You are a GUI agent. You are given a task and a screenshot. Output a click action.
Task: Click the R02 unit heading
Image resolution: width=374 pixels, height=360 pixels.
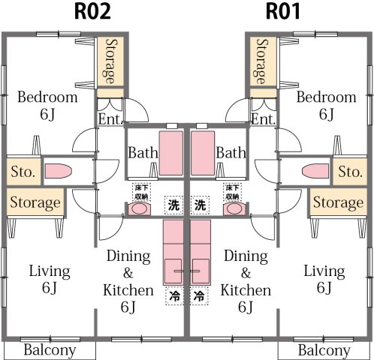pyautogui.click(x=94, y=12)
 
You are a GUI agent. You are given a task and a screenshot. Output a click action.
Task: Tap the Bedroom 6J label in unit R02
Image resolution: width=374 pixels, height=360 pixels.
pyautogui.click(x=47, y=105)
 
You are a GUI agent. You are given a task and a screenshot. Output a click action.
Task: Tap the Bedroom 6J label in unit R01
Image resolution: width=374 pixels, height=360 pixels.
pyautogui.click(x=326, y=105)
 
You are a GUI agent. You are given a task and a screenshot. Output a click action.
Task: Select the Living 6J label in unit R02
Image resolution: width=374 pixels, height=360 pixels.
pyautogui.click(x=50, y=278)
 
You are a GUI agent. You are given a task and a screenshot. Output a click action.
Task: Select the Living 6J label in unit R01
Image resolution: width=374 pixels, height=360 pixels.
pyautogui.click(x=324, y=278)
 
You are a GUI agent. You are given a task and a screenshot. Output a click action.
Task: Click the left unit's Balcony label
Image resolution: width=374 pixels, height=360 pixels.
pyautogui.click(x=50, y=350)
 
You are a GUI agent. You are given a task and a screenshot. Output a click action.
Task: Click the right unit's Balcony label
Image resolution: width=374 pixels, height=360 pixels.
pyautogui.click(x=324, y=350)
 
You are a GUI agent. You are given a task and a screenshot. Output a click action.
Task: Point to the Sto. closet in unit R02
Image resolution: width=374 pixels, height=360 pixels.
pyautogui.click(x=23, y=172)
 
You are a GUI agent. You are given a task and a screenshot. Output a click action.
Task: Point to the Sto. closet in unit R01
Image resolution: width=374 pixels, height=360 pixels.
pyautogui.click(x=350, y=172)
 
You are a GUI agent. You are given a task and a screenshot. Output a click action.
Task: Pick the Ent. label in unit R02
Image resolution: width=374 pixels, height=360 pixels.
pyautogui.click(x=110, y=119)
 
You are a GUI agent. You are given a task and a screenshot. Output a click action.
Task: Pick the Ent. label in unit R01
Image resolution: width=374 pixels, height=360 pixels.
pyautogui.click(x=263, y=119)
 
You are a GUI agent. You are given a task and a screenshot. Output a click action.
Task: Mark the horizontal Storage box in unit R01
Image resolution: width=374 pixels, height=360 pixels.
pyautogui.click(x=338, y=202)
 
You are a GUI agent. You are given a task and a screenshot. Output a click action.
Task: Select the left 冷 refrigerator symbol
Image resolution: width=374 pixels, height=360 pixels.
pyautogui.click(x=173, y=296)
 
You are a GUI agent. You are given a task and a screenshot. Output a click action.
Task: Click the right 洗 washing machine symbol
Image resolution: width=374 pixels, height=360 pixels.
pyautogui.click(x=201, y=204)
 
